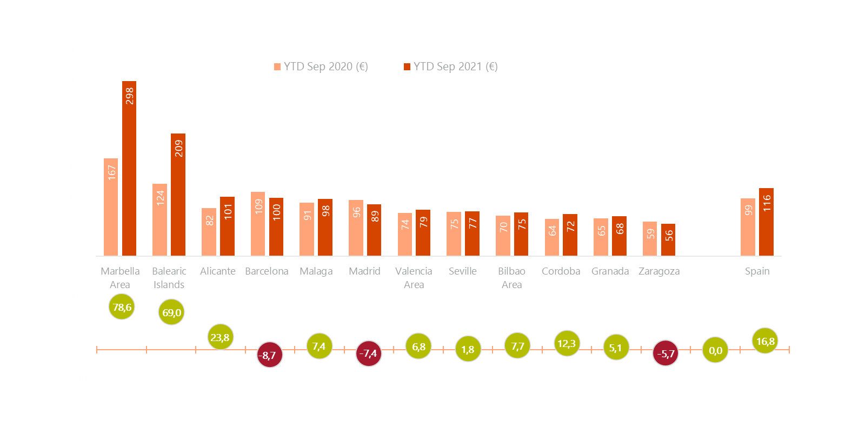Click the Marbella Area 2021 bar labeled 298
[129, 168]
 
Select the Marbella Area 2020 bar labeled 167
[111, 206]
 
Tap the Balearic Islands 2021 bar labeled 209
[178, 194]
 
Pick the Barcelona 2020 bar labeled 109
[258, 223]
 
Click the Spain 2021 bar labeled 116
[766, 222]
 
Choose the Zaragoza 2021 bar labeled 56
[668, 239]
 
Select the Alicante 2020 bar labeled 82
[209, 231]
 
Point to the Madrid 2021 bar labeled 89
[374, 230]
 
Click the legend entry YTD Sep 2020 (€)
[321, 66]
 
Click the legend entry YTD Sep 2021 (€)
[451, 66]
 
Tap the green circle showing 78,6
[122, 307]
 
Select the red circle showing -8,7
[269, 355]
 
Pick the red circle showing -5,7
[666, 353]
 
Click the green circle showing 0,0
[715, 350]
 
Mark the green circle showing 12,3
[567, 343]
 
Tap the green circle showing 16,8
[765, 341]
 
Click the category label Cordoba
[561, 271]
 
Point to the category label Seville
[463, 271]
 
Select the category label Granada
[610, 271]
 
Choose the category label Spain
[757, 271]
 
